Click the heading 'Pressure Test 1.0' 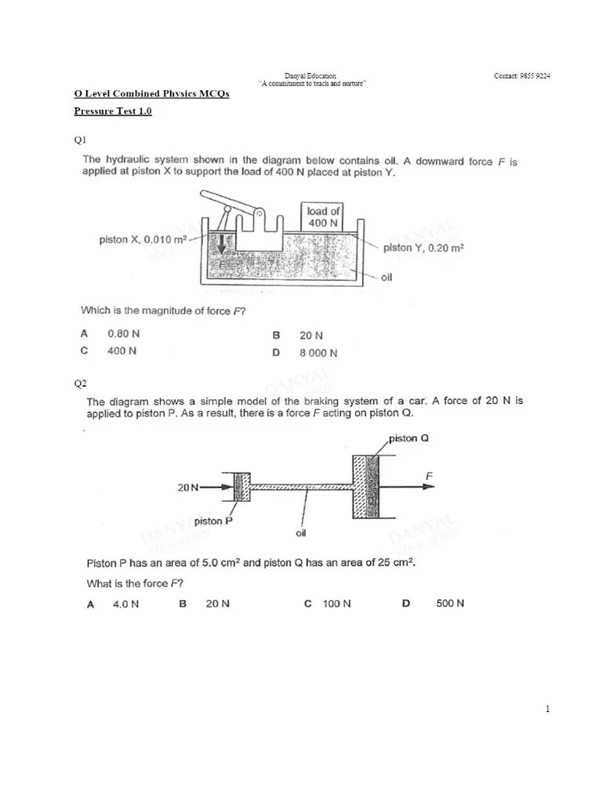113,111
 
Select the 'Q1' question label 80,140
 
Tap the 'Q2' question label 80,383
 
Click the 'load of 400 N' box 323,216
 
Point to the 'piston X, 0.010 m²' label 143,239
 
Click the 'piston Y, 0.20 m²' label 423,248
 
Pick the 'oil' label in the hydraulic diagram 386,277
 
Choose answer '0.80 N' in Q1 124,333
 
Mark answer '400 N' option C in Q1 121,351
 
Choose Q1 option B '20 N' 311,335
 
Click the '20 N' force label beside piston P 188,487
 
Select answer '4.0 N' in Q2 125,604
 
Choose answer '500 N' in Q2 450,603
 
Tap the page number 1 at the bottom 548,710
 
